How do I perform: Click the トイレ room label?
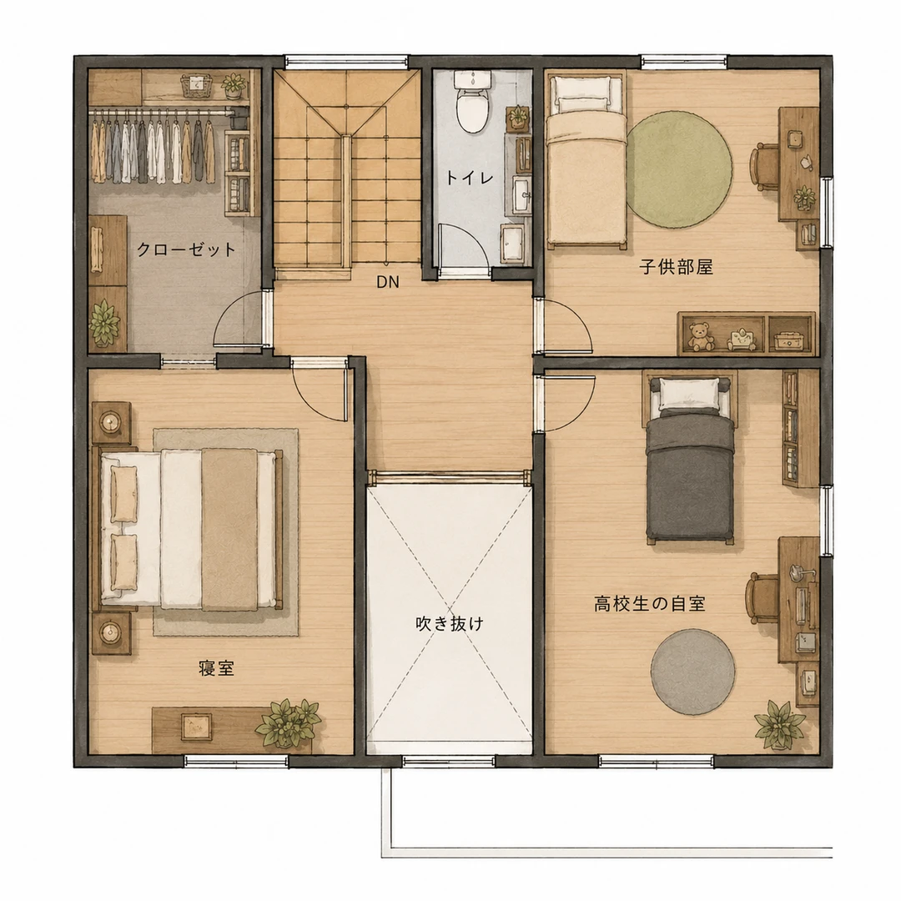point(470,179)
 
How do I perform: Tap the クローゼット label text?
point(187,249)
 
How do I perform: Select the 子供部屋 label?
point(677,267)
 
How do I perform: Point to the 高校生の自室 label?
point(650,604)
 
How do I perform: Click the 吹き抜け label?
point(450,623)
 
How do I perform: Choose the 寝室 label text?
point(217,668)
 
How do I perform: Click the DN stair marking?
point(388,282)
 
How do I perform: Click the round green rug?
point(679,169)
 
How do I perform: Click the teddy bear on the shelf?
point(699,337)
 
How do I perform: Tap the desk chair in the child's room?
point(765,167)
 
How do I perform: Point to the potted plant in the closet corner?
point(104,323)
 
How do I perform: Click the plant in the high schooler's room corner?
point(779,725)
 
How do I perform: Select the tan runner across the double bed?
point(229,529)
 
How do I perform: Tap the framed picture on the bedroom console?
point(195,727)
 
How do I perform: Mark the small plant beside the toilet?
point(518,117)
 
